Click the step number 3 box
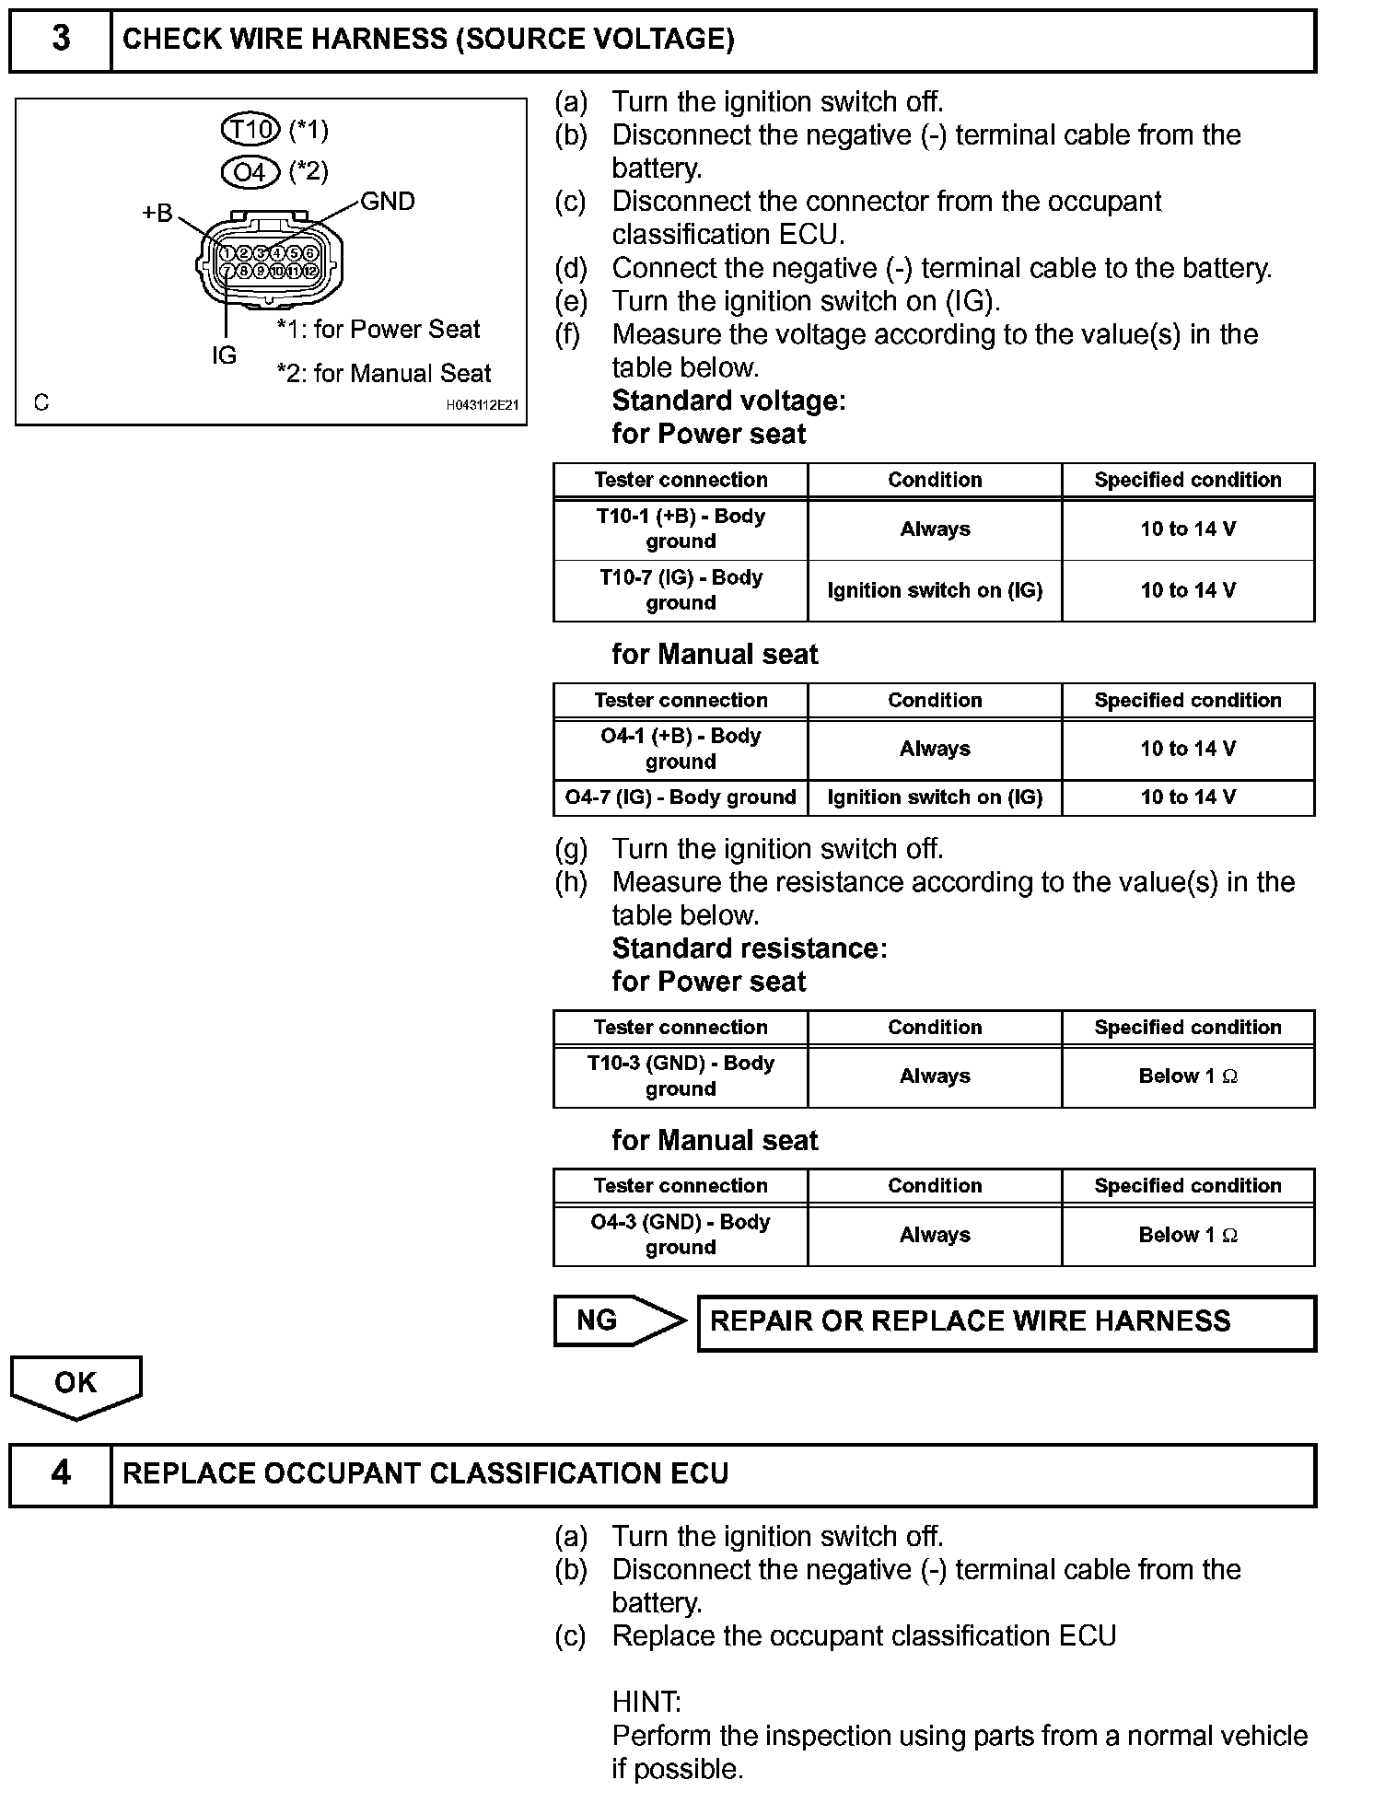(x=61, y=40)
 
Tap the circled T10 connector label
(x=250, y=129)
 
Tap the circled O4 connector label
(x=250, y=172)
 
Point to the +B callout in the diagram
(x=157, y=214)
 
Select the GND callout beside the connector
(x=387, y=202)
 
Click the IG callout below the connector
(x=224, y=355)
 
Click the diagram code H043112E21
(x=483, y=404)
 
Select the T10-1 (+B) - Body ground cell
(x=681, y=529)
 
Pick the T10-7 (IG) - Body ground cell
(x=681, y=590)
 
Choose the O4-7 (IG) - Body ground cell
(x=681, y=797)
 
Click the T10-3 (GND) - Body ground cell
(x=681, y=1076)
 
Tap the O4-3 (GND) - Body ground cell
(x=681, y=1235)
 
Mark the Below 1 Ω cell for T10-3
(x=1188, y=1076)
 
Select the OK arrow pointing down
(x=76, y=1385)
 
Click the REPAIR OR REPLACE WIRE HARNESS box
(x=1007, y=1322)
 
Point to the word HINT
(x=646, y=1702)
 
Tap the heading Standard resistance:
(x=750, y=948)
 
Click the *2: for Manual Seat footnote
(x=384, y=374)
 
